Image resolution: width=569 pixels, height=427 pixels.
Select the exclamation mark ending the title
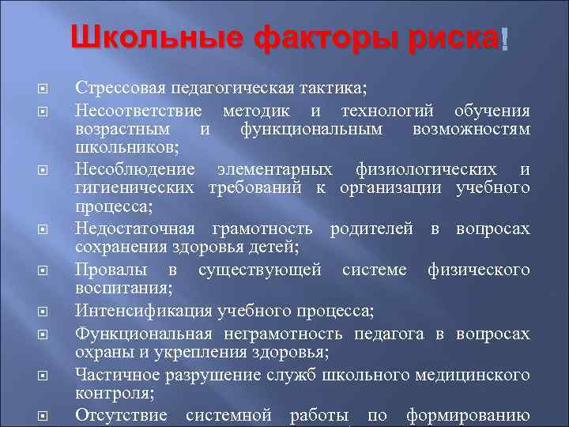pos(503,38)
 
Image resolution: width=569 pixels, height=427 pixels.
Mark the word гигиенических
pos(135,189)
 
